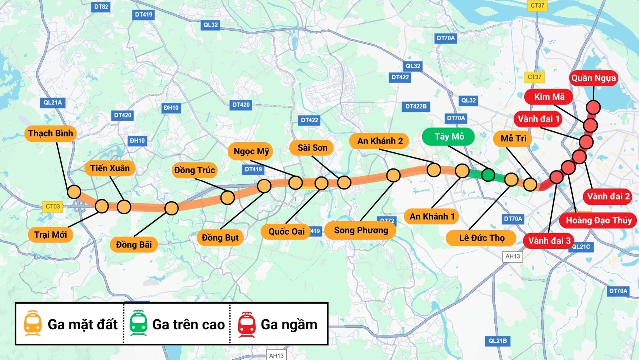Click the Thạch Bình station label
50,133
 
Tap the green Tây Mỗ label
448,137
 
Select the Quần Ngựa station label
593,78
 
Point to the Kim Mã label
549,97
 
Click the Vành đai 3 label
549,241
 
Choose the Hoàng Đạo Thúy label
598,220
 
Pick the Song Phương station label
361,230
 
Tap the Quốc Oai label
286,232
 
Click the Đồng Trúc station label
194,170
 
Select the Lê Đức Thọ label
481,238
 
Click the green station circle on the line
488,175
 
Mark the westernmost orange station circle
74,192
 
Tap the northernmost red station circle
593,107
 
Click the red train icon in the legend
246,324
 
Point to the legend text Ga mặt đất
83,324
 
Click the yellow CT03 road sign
53,206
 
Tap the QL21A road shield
53,103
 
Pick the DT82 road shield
101,7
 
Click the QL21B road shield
497,341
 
